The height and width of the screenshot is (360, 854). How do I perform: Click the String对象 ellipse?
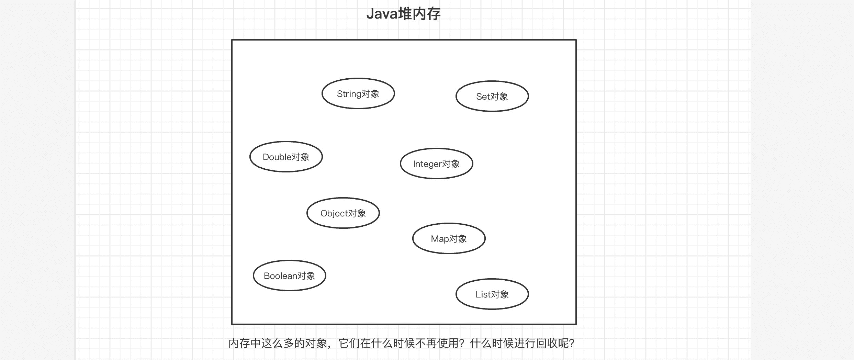click(x=358, y=93)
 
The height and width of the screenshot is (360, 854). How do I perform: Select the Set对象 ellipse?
click(x=492, y=96)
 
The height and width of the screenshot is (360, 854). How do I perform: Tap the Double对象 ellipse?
click(x=286, y=157)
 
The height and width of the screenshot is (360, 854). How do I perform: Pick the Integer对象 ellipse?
click(x=436, y=164)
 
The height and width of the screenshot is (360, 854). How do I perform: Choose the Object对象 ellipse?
click(x=343, y=213)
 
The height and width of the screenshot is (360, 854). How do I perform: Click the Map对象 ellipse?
click(x=449, y=238)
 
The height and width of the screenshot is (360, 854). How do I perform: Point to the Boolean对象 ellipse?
click(x=289, y=275)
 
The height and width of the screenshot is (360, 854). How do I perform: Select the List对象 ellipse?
click(x=492, y=294)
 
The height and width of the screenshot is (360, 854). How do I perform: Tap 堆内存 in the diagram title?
click(x=419, y=14)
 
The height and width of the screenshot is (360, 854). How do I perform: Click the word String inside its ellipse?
click(x=349, y=94)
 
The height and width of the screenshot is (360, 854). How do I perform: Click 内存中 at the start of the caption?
click(x=245, y=343)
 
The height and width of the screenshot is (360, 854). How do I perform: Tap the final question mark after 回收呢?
click(x=571, y=343)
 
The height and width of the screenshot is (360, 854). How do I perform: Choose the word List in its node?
click(x=483, y=294)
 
